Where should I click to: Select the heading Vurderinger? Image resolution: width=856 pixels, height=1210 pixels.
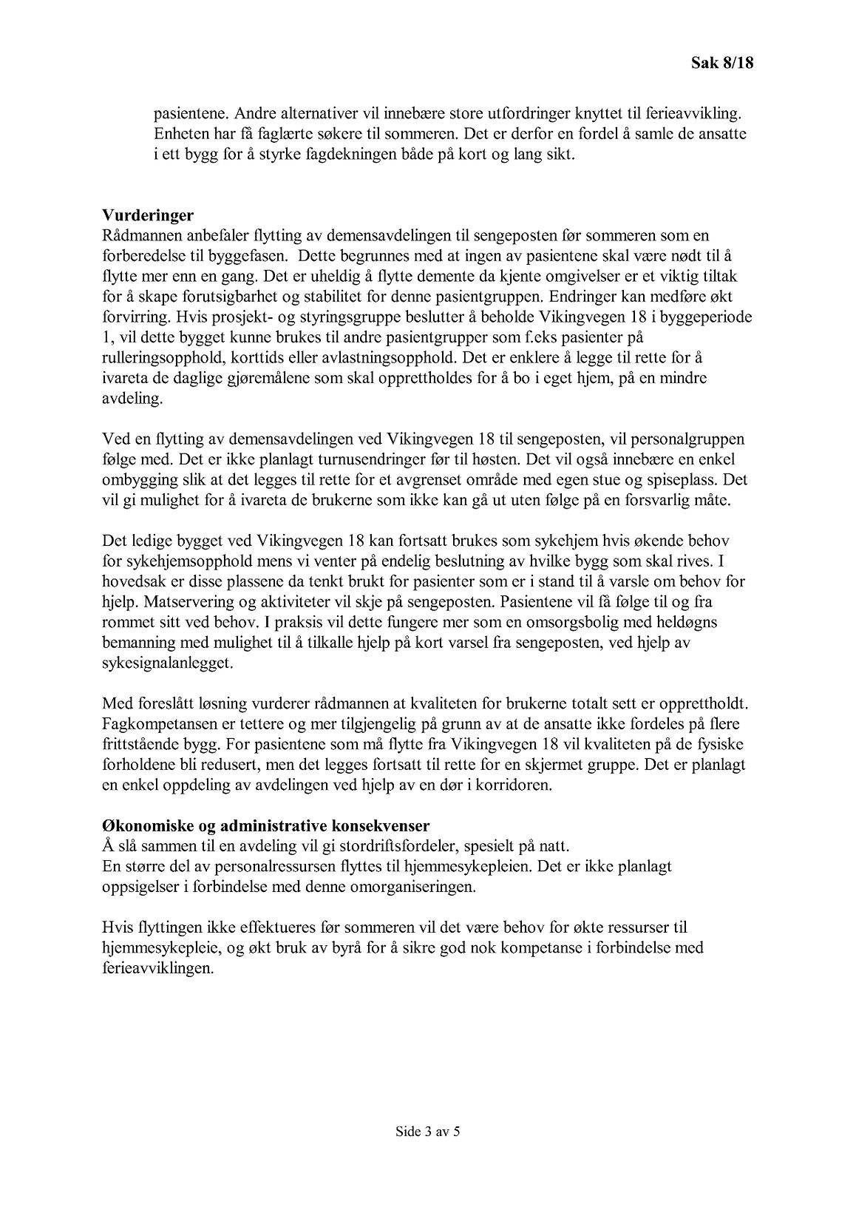tap(148, 215)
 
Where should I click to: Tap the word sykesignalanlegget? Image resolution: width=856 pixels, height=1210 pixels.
tap(167, 663)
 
